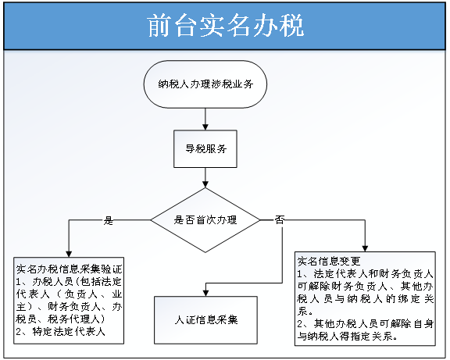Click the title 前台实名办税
(x=226, y=26)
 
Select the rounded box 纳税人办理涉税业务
(x=205, y=84)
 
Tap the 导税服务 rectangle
(x=205, y=149)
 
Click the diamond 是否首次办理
(x=205, y=220)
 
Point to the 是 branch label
(x=109, y=220)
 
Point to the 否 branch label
(x=280, y=220)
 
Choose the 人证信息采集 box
(x=205, y=320)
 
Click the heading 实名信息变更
(x=329, y=261)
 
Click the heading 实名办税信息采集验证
(x=69, y=269)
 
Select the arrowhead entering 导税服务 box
(x=205, y=127)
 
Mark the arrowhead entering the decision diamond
(x=205, y=184)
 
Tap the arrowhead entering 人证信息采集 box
(x=205, y=293)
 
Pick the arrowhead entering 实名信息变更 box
(x=365, y=248)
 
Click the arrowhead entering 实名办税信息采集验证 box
(x=69, y=254)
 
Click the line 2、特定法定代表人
(x=61, y=331)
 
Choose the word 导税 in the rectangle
(x=195, y=148)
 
